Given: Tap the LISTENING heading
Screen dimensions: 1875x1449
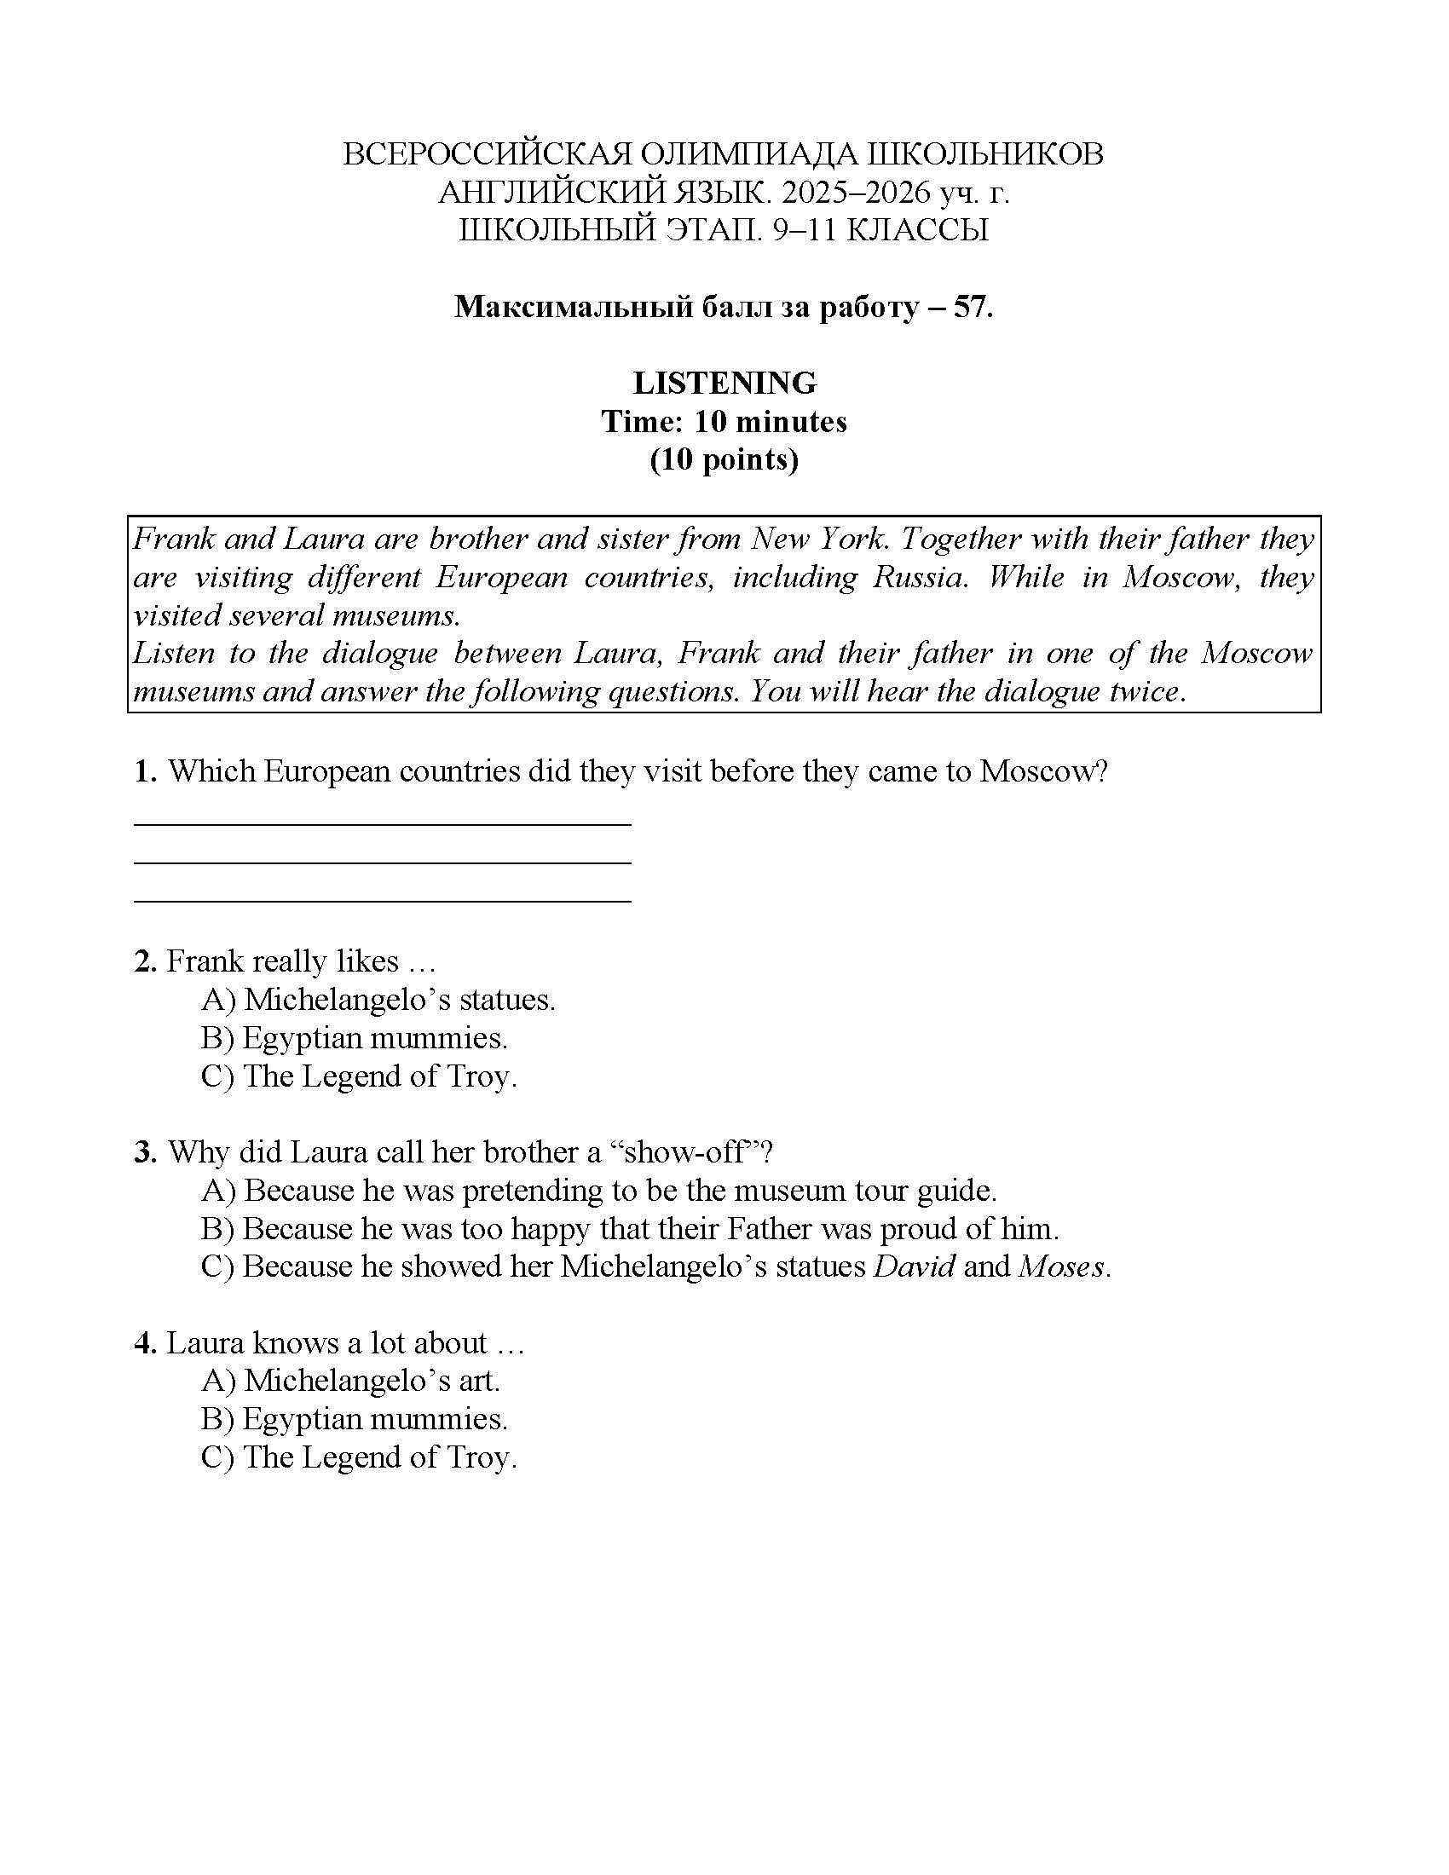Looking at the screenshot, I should [724, 383].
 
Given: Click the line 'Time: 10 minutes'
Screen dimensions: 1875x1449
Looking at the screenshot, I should [724, 422].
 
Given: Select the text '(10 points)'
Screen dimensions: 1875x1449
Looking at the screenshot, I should [724, 459].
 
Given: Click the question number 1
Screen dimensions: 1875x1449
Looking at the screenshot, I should [144, 771].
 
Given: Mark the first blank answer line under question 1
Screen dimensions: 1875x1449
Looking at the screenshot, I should [382, 824].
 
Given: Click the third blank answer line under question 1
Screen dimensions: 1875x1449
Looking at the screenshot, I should [382, 901].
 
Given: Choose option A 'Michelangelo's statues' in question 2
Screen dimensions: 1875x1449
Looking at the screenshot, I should [378, 1000].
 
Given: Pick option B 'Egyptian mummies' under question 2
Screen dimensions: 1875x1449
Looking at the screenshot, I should [355, 1038].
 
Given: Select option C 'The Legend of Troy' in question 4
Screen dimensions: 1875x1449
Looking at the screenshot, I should [359, 1457].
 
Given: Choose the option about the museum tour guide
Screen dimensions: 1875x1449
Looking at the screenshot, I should [598, 1191].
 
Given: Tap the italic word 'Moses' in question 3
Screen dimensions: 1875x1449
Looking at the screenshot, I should [1061, 1266].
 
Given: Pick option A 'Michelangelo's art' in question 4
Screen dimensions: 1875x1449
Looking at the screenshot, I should [350, 1381].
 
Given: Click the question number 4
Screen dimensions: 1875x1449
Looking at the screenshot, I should [144, 1342].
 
